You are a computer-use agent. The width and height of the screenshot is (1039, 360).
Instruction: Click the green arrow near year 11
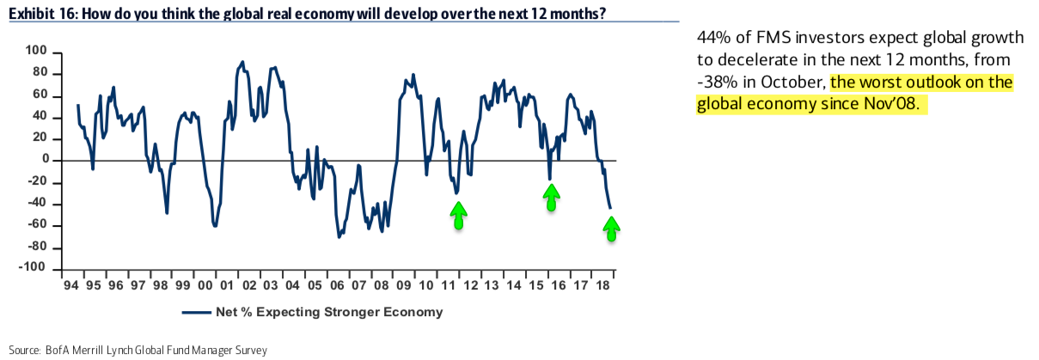[x=459, y=215]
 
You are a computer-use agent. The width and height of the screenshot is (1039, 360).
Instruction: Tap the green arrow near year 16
[x=551, y=198]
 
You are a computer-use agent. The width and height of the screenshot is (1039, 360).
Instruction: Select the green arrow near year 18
[x=611, y=229]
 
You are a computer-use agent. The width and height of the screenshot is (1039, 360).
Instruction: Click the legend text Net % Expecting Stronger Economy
[x=327, y=312]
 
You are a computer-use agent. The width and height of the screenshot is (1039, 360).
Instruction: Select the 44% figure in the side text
[x=710, y=39]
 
